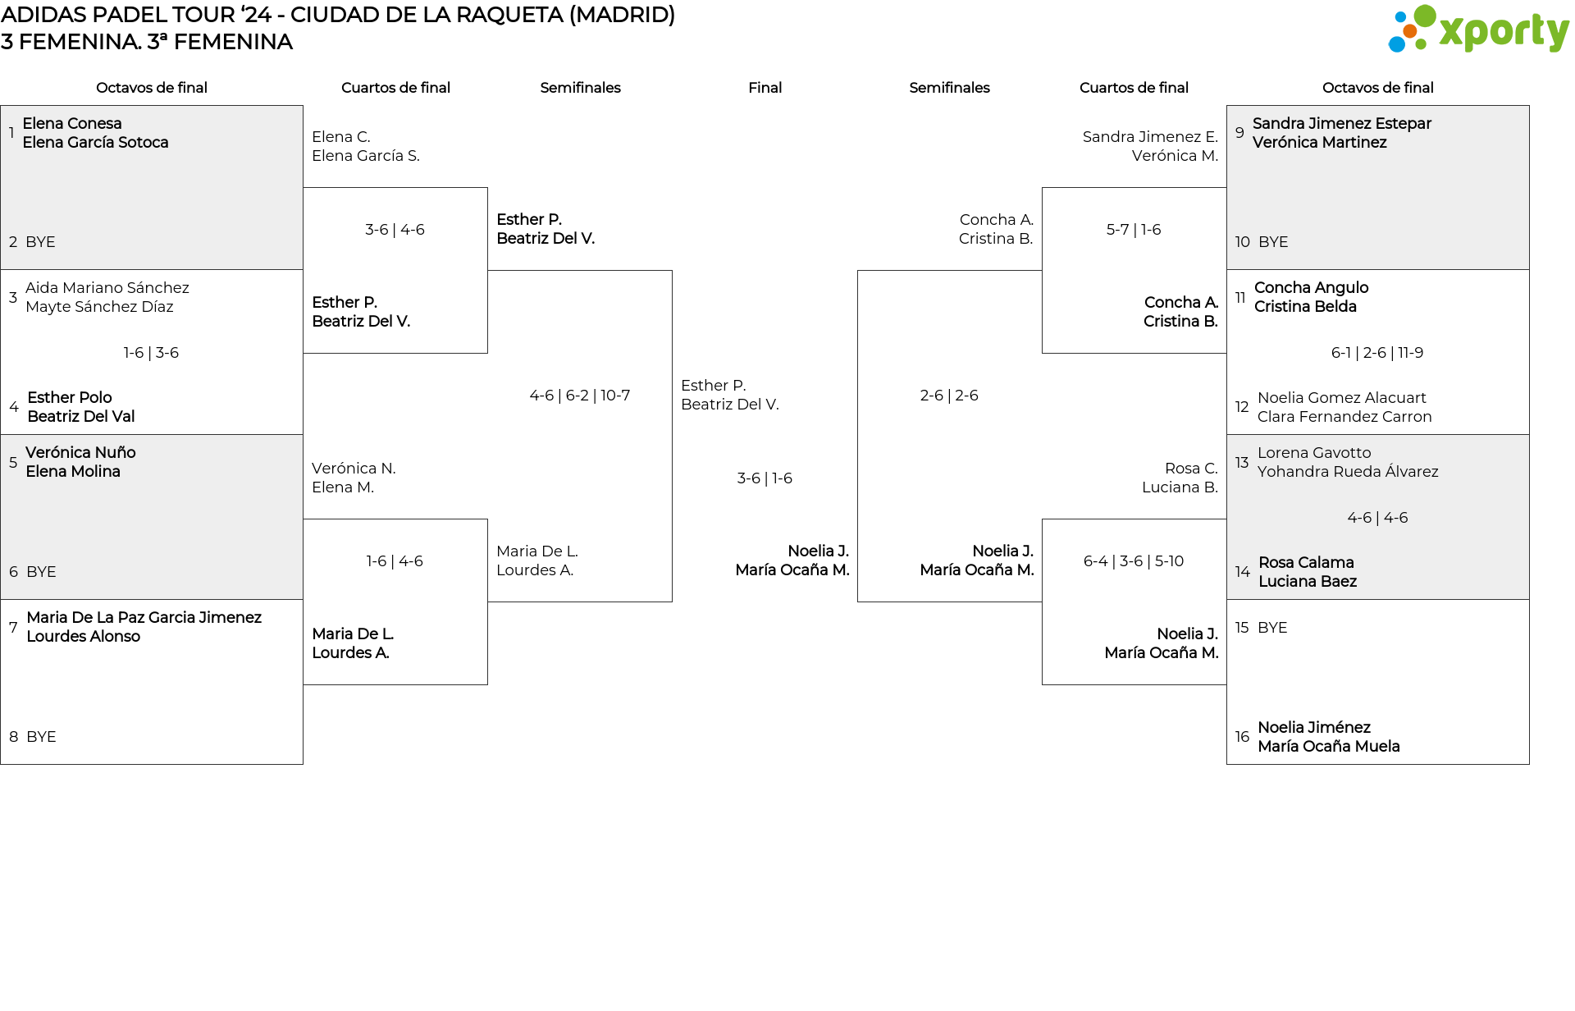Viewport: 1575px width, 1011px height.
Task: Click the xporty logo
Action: click(1478, 30)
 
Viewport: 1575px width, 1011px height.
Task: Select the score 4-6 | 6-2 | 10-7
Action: click(579, 396)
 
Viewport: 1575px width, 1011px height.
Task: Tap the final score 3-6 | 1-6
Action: click(764, 478)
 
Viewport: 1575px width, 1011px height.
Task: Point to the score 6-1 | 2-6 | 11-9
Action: click(1376, 353)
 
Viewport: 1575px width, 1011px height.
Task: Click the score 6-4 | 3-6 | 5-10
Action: click(1133, 561)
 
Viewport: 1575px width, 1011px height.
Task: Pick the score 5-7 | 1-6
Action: click(1133, 230)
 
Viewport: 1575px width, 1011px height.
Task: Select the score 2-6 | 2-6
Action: click(948, 396)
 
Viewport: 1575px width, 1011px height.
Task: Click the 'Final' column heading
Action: click(765, 88)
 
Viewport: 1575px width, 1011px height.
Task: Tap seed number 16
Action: click(1242, 737)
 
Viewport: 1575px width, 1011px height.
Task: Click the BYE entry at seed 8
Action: click(41, 737)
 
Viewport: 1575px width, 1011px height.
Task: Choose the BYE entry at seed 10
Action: click(1272, 242)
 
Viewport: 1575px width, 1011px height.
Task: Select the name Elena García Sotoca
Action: click(95, 143)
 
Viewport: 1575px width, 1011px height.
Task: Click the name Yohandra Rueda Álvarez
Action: click(1347, 472)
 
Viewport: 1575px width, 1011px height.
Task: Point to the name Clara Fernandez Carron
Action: click(1344, 417)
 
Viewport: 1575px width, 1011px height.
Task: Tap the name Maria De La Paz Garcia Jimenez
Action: click(144, 618)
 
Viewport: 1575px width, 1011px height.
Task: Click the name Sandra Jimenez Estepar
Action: click(1341, 124)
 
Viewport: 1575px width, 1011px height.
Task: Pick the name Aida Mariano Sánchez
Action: click(107, 288)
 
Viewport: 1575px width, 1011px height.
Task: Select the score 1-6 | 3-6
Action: click(151, 353)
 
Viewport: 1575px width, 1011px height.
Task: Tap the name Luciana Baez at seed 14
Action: click(1307, 582)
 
